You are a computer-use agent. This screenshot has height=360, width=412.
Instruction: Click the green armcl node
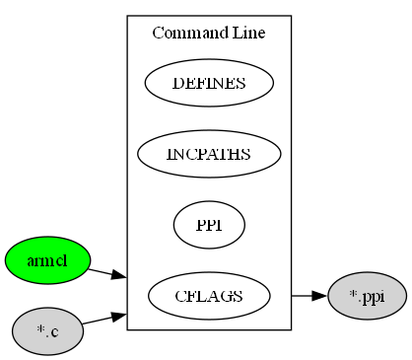coord(47,260)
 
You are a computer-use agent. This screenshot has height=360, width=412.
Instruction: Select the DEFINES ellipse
coord(209,83)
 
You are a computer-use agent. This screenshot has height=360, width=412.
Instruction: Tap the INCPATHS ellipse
coord(209,154)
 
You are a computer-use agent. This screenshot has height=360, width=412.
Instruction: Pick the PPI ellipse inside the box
coord(209,225)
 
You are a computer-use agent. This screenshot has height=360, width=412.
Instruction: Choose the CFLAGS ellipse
coord(209,295)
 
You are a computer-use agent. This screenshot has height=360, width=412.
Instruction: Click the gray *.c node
coord(47,331)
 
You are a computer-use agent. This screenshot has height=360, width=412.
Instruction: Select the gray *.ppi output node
coord(367,295)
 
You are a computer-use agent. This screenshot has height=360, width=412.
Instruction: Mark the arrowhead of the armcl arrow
coord(119,277)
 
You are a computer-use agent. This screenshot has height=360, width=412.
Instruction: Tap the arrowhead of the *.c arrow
coord(118,315)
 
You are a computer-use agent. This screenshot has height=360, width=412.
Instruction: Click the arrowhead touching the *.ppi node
coord(318,295)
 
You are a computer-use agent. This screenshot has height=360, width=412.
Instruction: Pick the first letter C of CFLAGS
coord(180,296)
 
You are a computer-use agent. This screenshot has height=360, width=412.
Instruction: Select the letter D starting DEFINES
coord(177,83)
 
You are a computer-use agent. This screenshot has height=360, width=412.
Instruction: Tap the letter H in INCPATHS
coord(234,155)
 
